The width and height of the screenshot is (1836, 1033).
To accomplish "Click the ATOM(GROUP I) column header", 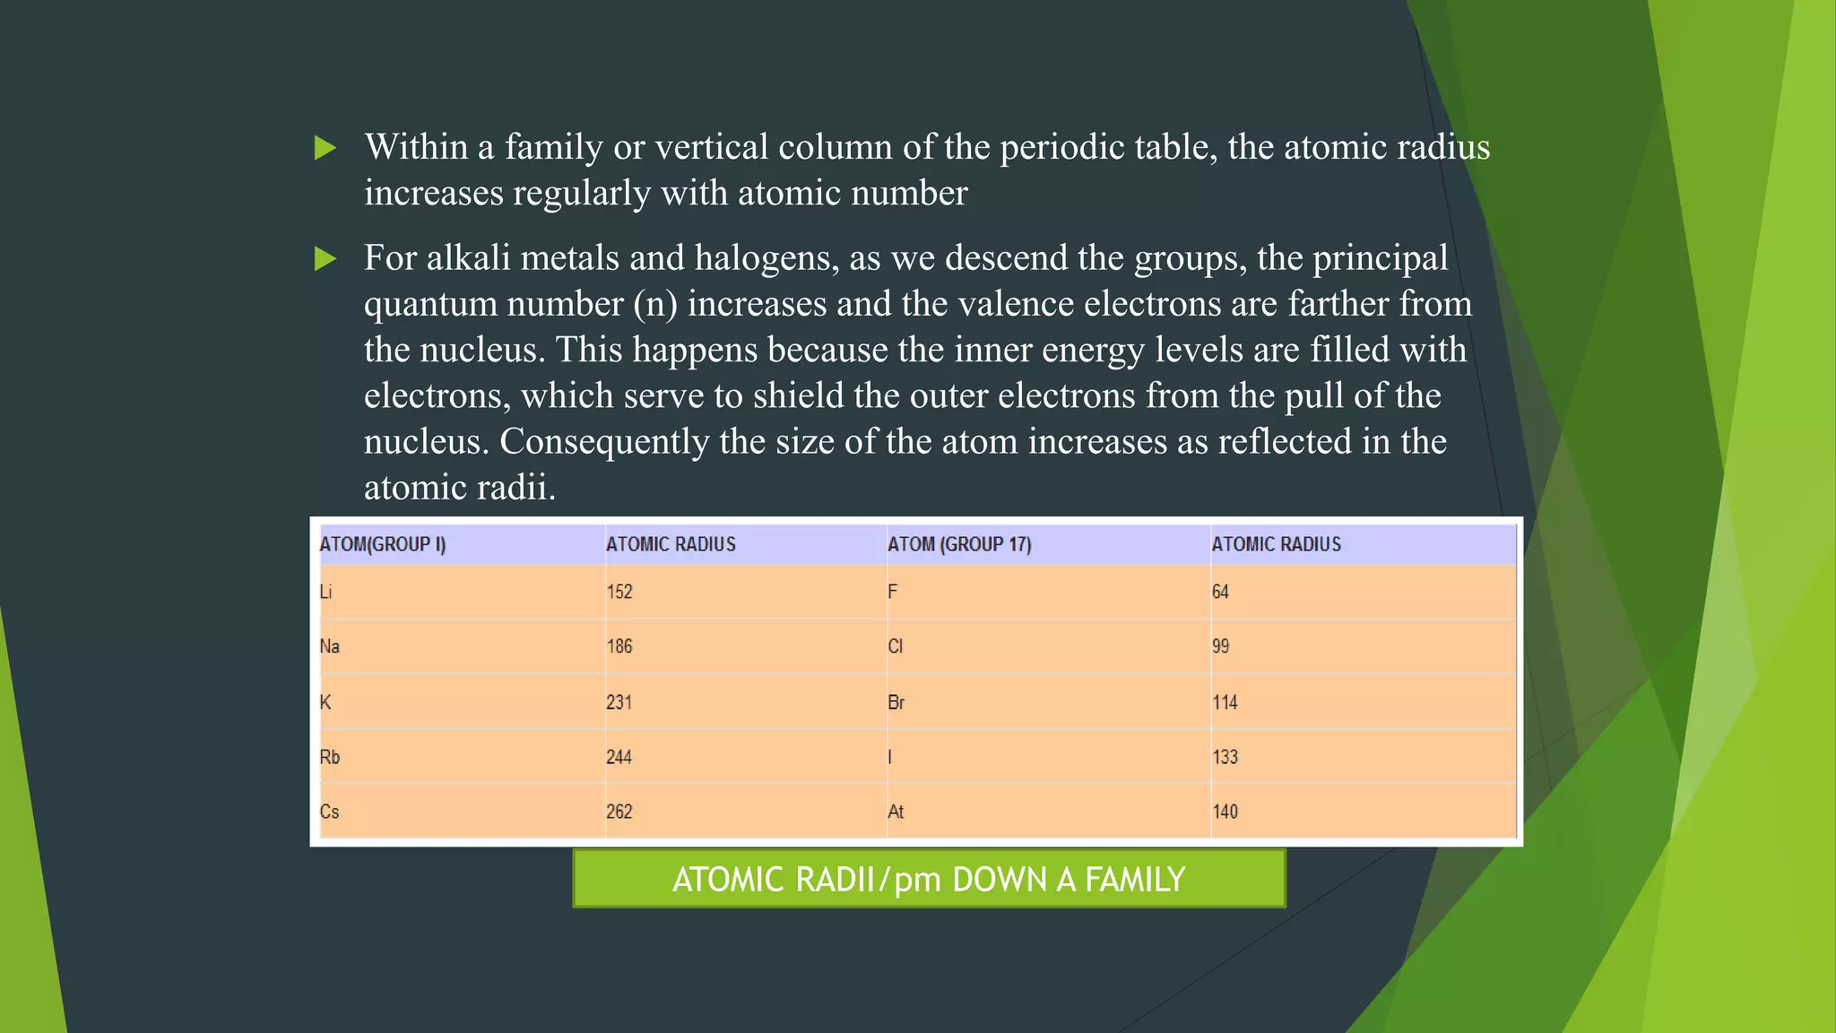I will tap(383, 544).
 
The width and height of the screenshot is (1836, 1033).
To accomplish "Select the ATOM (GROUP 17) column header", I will tap(959, 544).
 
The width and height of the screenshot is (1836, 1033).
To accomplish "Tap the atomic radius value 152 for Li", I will tap(619, 592).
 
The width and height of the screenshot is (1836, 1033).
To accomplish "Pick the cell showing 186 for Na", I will tap(619, 647).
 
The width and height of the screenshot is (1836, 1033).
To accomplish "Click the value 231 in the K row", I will tap(619, 702).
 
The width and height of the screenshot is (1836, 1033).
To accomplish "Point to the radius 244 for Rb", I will tap(619, 757).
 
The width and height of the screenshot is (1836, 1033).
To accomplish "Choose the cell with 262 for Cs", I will tap(619, 812).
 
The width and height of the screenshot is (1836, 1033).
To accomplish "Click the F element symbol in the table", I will tap(893, 592).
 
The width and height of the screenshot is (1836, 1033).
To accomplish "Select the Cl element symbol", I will tap(896, 647).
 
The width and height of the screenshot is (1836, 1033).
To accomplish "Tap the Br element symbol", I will tap(896, 702).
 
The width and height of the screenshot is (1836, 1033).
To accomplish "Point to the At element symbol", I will tap(896, 812).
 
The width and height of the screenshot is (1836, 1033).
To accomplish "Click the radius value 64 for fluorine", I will tap(1221, 592).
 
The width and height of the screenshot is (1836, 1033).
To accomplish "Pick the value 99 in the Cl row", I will tap(1221, 647).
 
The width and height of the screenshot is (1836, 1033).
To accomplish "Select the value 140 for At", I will tap(1225, 812).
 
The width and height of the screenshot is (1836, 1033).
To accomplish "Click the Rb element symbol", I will tap(330, 757).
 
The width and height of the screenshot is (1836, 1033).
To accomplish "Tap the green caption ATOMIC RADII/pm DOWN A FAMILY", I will tap(929, 879).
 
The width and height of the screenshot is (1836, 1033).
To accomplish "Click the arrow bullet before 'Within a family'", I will tap(325, 148).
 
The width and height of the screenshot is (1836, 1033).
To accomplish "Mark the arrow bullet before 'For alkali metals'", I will tap(325, 259).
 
